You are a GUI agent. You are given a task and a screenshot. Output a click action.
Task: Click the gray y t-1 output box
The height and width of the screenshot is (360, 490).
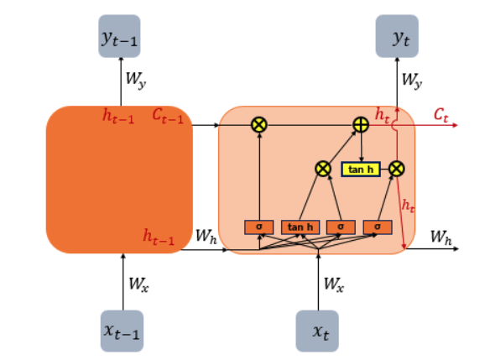tap(119, 36)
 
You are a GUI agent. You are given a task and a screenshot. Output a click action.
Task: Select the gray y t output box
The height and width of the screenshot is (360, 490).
tap(397, 36)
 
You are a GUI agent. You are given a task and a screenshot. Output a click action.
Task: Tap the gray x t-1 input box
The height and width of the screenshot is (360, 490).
tap(122, 331)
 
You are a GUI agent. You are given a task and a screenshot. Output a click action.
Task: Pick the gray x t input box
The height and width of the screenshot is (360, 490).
tap(317, 331)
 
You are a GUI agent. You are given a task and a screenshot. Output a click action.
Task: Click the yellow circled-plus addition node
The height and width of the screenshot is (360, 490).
tap(361, 125)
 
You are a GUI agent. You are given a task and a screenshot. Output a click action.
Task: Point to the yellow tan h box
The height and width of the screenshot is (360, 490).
tap(361, 170)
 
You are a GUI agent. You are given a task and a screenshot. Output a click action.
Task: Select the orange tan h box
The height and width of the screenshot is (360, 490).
tap(300, 227)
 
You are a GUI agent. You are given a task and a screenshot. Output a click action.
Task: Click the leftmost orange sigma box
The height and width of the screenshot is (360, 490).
tap(259, 227)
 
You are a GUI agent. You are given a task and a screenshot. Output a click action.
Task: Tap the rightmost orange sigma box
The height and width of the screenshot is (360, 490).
tap(378, 227)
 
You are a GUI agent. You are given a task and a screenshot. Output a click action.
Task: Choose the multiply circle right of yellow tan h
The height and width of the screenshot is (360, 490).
tap(397, 169)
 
